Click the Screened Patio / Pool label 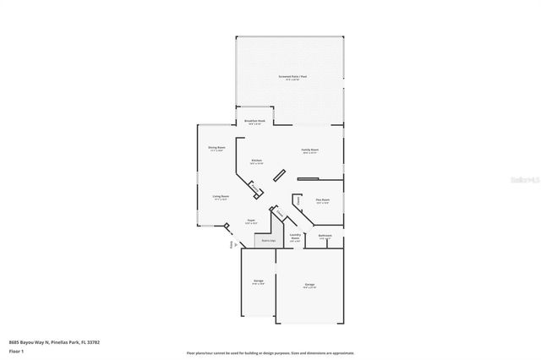(290, 78)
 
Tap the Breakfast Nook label (254, 122)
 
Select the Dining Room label (217, 149)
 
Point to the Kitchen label (255, 161)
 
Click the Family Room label (310, 151)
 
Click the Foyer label (251, 222)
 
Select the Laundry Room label (295, 237)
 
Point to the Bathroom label (325, 237)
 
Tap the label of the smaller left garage (259, 282)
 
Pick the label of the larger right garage (310, 286)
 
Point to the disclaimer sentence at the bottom (270, 352)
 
